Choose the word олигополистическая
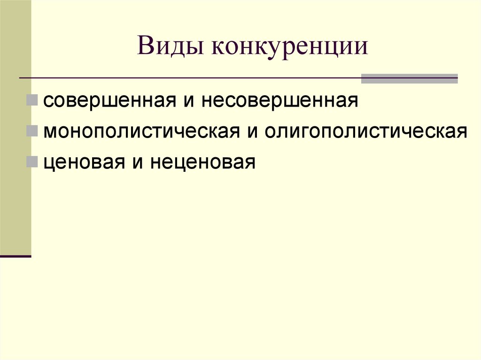coord(365,131)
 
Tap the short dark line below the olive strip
coord(15,256)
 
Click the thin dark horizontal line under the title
coord(188,77)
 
